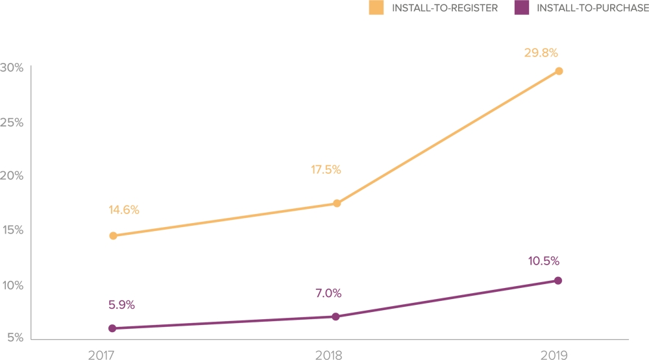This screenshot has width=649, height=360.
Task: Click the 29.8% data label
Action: [x=541, y=53]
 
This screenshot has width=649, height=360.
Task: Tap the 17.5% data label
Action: [x=325, y=170]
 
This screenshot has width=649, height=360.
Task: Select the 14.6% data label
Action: [x=124, y=210]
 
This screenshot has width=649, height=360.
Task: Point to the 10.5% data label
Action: [x=543, y=261]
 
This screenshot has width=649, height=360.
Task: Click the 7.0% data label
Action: [x=328, y=293]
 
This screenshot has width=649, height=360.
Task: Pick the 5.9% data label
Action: [x=122, y=305]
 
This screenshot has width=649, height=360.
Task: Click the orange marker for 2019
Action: [x=558, y=71]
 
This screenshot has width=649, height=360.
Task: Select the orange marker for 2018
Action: [x=337, y=204]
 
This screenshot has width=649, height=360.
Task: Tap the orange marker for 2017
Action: [x=114, y=235]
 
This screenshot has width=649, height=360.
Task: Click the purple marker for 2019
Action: [x=558, y=281]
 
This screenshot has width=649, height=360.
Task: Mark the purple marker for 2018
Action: [x=336, y=317]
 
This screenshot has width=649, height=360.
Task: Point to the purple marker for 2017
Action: [x=113, y=328]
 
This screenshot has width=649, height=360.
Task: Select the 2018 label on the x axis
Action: [x=329, y=354]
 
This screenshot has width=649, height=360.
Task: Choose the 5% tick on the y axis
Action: [x=15, y=338]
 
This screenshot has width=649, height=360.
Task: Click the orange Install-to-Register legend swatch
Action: [x=376, y=8]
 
